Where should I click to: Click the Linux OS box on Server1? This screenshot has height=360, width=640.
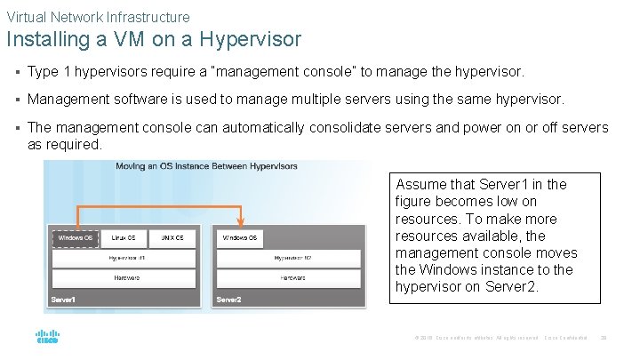[x=124, y=238]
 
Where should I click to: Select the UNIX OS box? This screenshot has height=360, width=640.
[x=173, y=238]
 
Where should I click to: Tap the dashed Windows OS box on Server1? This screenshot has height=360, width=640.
[x=76, y=238]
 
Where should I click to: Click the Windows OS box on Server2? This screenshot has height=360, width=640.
[x=240, y=238]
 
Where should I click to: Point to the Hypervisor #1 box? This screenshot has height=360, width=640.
[x=127, y=259]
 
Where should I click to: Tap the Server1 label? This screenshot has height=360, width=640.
[x=63, y=300]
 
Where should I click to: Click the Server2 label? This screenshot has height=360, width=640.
[x=228, y=300]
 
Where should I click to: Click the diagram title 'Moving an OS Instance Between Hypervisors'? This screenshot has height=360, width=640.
[x=206, y=166]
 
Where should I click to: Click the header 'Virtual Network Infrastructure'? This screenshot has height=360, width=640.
[x=98, y=16]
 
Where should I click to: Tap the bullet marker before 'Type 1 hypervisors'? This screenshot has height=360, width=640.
[x=17, y=71]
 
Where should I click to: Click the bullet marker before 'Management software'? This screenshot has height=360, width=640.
[x=17, y=100]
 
